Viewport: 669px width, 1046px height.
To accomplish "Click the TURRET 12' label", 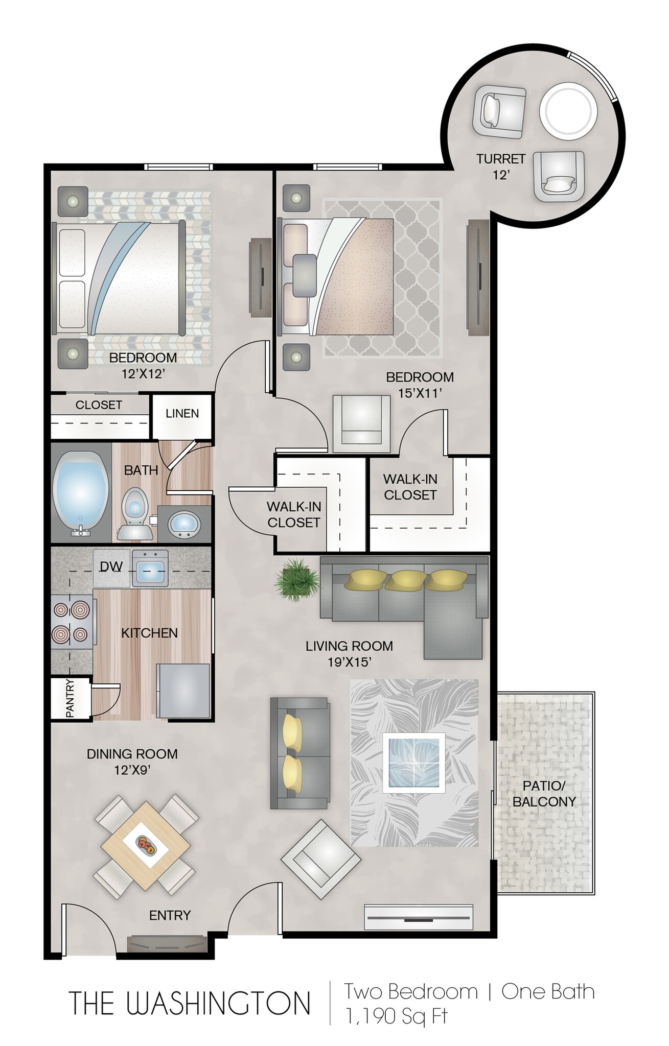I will click(501, 167).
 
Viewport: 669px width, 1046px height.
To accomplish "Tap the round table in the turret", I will click(568, 111).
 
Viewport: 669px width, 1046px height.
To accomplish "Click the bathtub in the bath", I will click(81, 493).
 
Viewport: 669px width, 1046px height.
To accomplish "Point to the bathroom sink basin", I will click(184, 524).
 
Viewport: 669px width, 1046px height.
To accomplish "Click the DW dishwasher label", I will click(111, 566).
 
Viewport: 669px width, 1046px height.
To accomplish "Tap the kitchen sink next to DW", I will click(150, 568).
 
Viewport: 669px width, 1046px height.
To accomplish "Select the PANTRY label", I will click(71, 698).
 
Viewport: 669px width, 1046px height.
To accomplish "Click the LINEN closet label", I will click(182, 413).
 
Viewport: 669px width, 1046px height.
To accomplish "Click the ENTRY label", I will click(170, 915).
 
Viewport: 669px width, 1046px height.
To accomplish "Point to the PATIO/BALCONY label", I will click(544, 794).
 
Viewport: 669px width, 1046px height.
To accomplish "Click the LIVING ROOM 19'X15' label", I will click(349, 654).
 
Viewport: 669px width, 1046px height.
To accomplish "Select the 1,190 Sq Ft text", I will click(396, 1015).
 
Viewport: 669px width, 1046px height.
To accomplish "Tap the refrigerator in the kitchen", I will click(183, 691).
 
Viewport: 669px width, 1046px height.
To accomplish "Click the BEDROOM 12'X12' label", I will click(143, 365).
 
